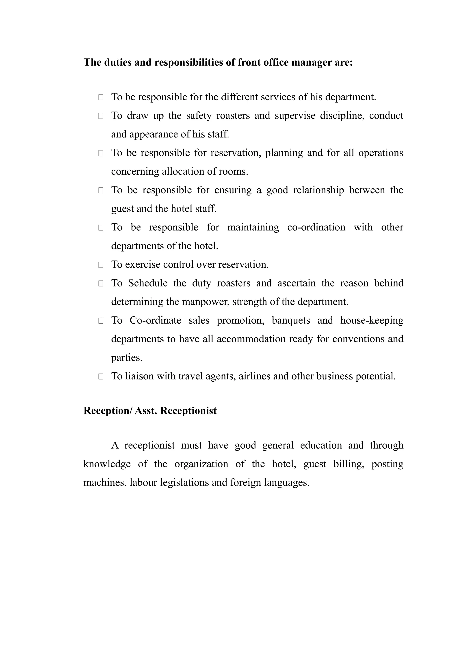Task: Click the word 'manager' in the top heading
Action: click(x=311, y=62)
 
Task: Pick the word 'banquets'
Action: click(x=291, y=320)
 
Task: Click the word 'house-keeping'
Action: click(x=372, y=320)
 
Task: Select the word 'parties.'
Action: click(x=126, y=358)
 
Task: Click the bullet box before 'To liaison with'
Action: click(x=101, y=376)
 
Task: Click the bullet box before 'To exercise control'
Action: click(x=101, y=265)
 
